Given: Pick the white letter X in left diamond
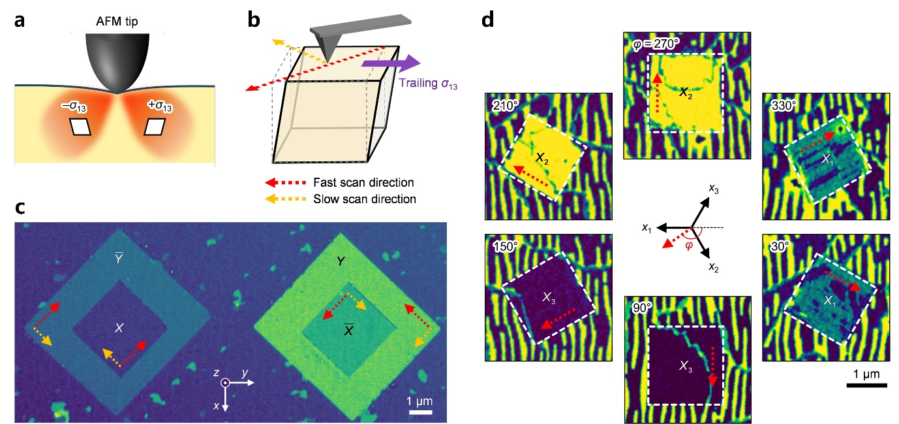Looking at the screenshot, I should [x=119, y=326].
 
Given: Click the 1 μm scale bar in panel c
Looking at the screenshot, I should [x=421, y=412].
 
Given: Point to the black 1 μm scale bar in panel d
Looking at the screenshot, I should [x=866, y=386].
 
